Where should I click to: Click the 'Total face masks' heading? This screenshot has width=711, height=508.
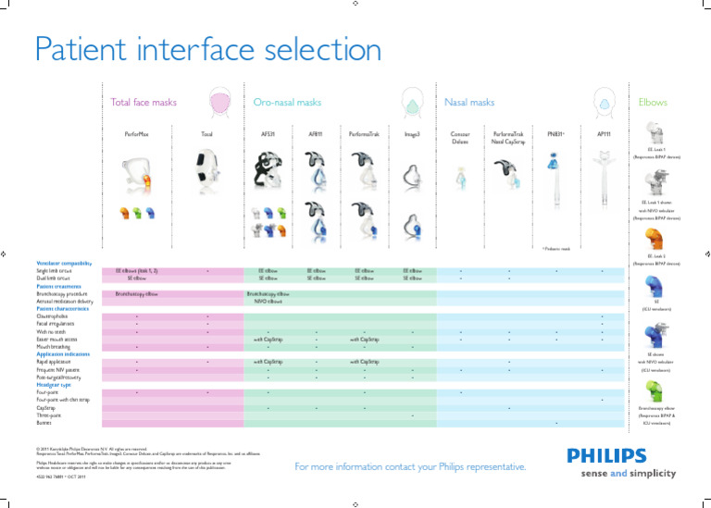click(143, 103)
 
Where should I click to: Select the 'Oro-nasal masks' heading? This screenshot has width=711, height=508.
click(287, 103)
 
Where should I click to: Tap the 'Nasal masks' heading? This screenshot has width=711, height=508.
click(469, 103)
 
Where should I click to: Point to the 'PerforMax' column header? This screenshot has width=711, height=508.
click(136, 134)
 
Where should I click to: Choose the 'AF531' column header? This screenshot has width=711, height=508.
click(268, 134)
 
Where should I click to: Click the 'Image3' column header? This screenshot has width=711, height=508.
click(412, 134)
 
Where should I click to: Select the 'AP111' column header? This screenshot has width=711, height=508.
click(603, 134)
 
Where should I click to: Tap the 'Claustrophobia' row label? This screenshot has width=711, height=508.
click(53, 316)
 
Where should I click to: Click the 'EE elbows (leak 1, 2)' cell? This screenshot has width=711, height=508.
click(136, 271)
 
